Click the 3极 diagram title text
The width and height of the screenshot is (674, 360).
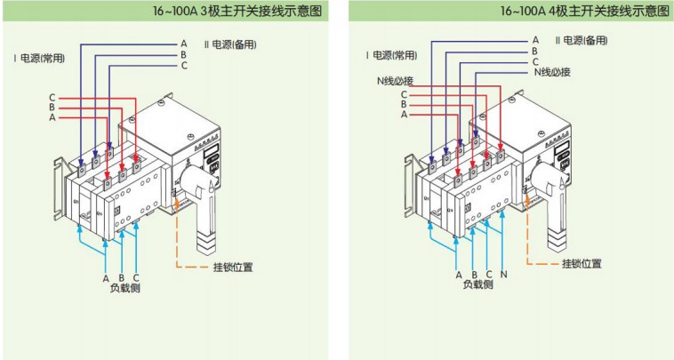[x=237, y=12]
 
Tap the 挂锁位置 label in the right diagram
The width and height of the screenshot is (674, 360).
[x=582, y=264]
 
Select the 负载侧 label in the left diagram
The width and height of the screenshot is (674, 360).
[x=125, y=288]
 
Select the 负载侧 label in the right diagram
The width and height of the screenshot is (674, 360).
[x=477, y=286]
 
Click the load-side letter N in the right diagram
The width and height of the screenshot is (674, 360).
[x=504, y=275]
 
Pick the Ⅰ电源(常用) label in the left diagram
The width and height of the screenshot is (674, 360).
[x=41, y=57]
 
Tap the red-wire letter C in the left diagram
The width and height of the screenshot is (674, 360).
[x=52, y=97]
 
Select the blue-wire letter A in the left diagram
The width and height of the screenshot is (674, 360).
[x=184, y=43]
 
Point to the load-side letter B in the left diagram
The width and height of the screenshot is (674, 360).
[x=121, y=277]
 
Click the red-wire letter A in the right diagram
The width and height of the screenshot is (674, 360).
[x=405, y=115]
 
